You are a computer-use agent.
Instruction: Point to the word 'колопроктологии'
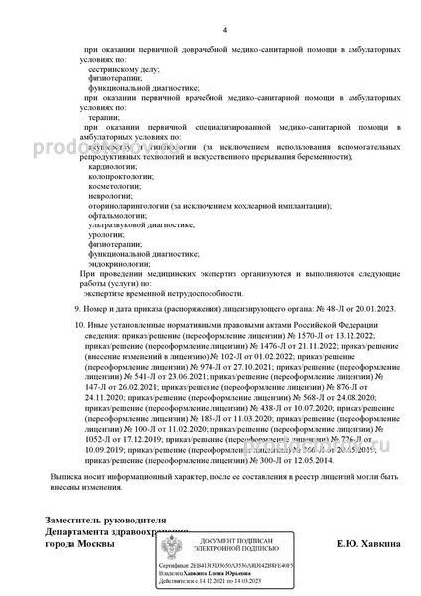click(x=119, y=181)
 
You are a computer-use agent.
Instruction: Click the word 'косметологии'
click(x=113, y=194)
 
